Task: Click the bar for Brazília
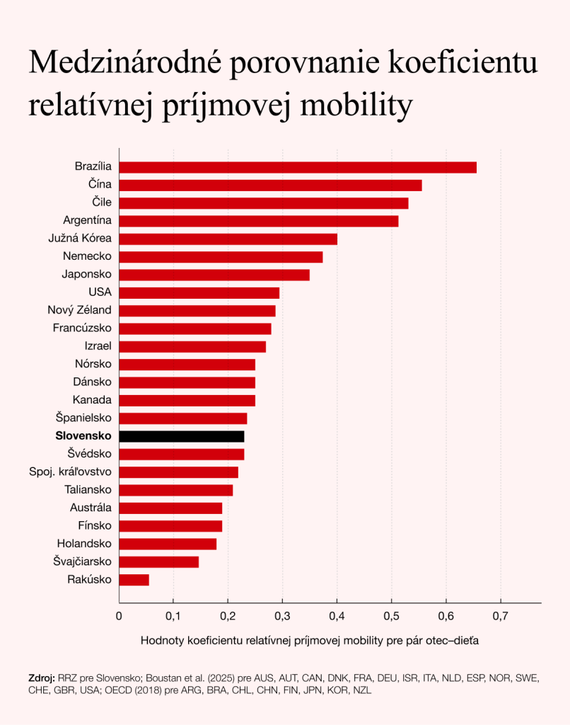pos(297,167)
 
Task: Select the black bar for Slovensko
pos(182,436)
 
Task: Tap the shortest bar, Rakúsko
pos(134,580)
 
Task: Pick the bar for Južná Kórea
pos(228,239)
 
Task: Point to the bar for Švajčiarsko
pos(158,562)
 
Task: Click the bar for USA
pos(199,292)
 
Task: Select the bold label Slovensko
pos(83,436)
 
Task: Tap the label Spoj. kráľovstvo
pos(70,472)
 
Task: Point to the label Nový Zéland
pos(79,310)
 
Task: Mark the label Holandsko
pos(84,544)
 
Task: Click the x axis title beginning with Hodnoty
pos(310,641)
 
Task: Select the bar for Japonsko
pos(214,275)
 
